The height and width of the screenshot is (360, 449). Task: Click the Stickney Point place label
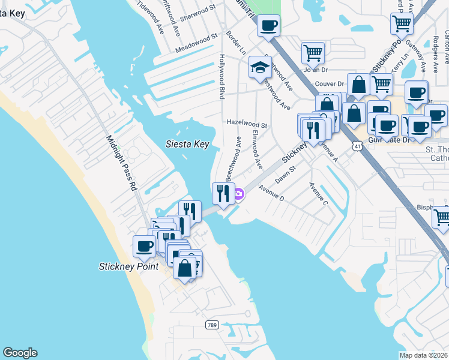[128, 266]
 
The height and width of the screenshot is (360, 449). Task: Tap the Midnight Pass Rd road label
[122, 163]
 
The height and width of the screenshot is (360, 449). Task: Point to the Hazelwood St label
[247, 122]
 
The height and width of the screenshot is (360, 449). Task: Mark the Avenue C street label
[318, 194]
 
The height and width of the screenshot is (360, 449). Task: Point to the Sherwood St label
[199, 12]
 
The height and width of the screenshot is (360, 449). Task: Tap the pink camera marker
[239, 194]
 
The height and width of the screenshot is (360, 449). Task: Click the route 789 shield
[212, 325]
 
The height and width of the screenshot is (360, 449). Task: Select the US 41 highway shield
[357, 146]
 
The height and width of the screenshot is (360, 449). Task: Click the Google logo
[20, 353]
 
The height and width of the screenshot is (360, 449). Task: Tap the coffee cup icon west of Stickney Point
[145, 245]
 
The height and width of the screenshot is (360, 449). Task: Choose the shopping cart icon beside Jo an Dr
[313, 53]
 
